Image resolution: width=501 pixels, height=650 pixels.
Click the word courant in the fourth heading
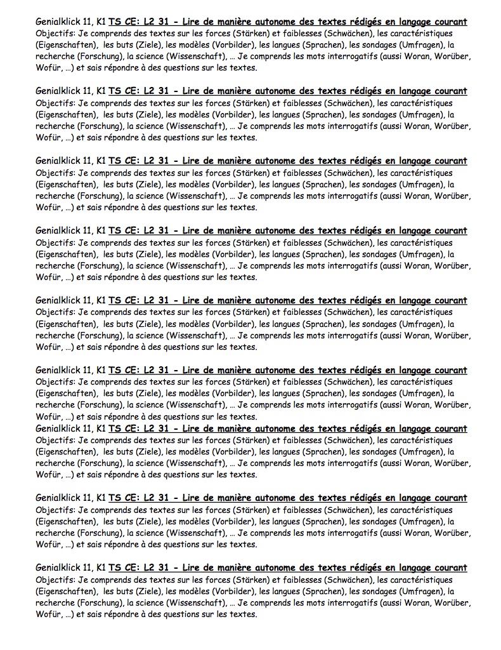click(447, 231)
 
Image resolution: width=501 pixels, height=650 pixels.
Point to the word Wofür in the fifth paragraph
click(48, 347)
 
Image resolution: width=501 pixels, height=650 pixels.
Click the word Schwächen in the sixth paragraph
click(347, 382)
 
